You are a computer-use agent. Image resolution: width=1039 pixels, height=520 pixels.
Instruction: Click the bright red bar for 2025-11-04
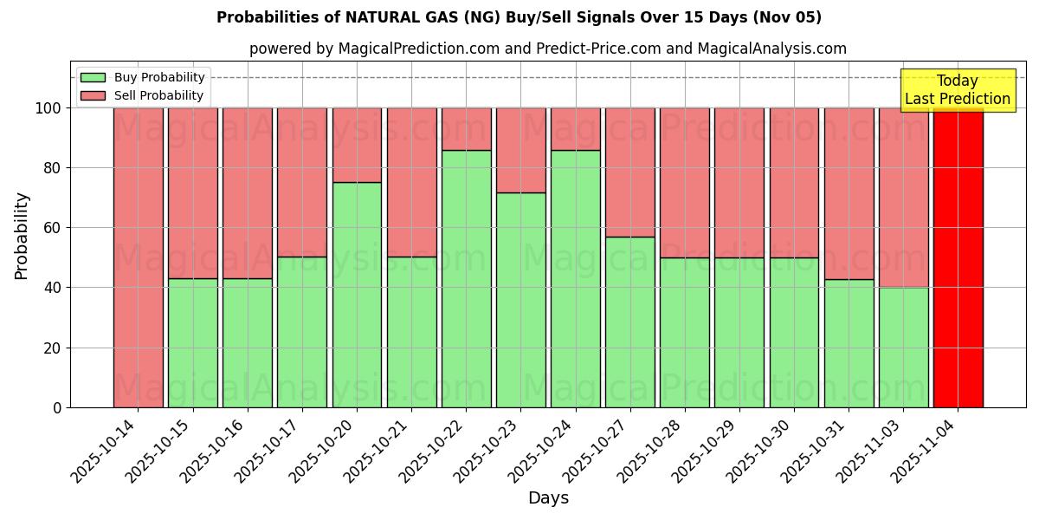958,257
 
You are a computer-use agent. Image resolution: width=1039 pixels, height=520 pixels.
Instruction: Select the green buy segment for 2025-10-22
466,278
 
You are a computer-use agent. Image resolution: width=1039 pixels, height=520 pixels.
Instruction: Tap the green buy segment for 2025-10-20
357,295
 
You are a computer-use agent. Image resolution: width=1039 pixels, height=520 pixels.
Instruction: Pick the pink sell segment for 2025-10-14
138,257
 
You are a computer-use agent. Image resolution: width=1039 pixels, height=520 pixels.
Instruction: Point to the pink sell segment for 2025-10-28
684,183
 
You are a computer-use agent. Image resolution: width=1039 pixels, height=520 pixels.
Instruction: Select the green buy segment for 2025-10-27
629,322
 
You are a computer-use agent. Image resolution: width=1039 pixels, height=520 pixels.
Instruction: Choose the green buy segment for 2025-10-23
520,300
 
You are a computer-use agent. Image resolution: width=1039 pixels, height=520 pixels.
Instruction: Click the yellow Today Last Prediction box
957,90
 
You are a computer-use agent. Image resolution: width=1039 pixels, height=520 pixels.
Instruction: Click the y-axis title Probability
22,236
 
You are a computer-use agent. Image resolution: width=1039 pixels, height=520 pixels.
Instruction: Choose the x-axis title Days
548,498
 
